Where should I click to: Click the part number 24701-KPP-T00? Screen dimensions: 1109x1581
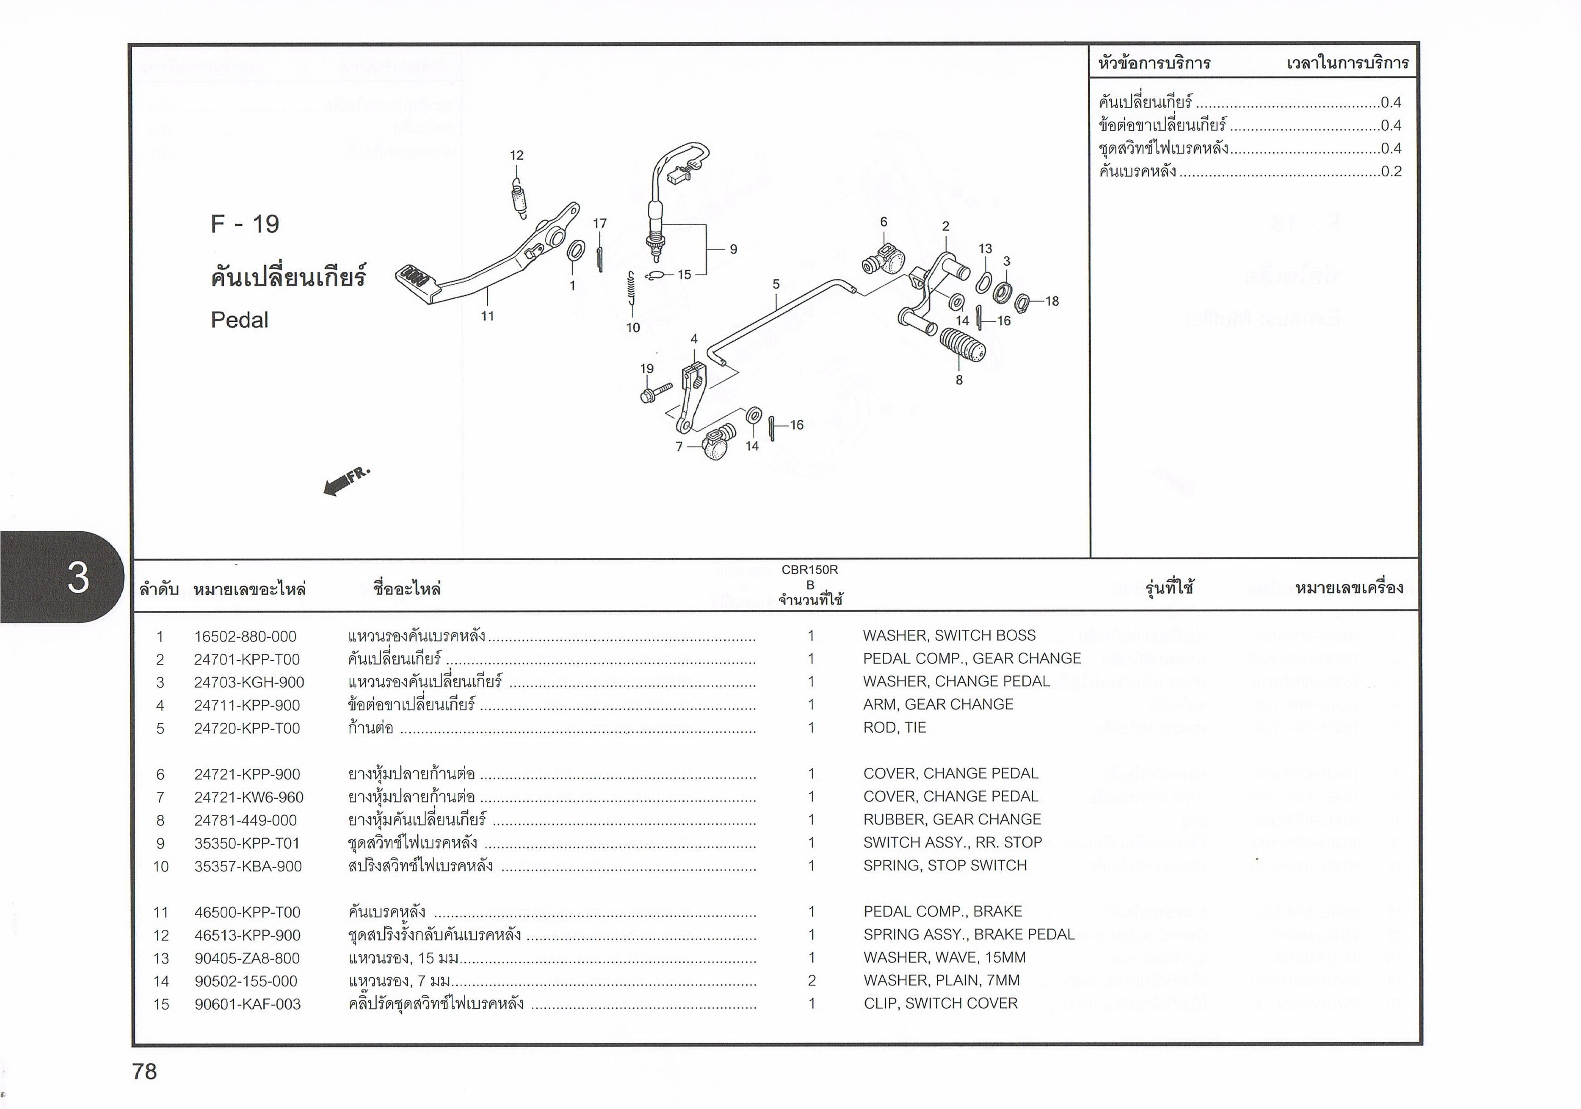[x=247, y=660]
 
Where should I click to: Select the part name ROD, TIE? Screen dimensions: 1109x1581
[x=894, y=727]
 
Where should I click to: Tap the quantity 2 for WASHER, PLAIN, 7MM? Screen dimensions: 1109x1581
[x=812, y=980]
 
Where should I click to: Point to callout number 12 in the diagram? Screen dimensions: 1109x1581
[x=516, y=156]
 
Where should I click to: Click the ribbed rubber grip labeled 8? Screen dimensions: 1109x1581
[x=962, y=346]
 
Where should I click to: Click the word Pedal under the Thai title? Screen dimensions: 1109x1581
[x=239, y=319]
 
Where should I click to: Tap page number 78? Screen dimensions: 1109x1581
[x=144, y=1071]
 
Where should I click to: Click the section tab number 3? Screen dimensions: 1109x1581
[x=78, y=577]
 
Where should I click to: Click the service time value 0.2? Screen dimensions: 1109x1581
[x=1391, y=172]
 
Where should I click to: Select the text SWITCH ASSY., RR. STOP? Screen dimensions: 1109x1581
[x=952, y=842]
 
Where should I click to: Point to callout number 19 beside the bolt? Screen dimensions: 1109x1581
[x=646, y=369]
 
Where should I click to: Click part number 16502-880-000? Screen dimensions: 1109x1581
[x=245, y=637]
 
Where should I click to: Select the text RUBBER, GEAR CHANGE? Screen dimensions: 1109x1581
[x=952, y=819]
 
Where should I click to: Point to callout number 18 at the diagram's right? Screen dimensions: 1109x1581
[x=1051, y=301]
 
